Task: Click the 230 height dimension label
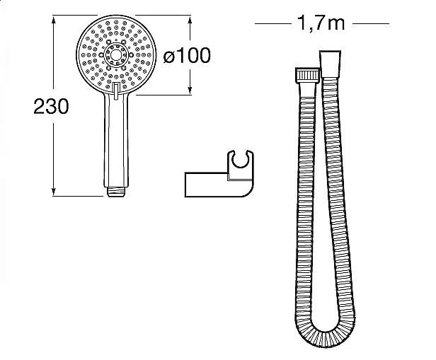(51, 106)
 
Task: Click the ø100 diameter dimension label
(187, 55)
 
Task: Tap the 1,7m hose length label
(321, 23)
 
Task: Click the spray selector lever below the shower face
(117, 91)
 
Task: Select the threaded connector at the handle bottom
(116, 192)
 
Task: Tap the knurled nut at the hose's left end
(307, 74)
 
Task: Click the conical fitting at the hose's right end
(330, 64)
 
